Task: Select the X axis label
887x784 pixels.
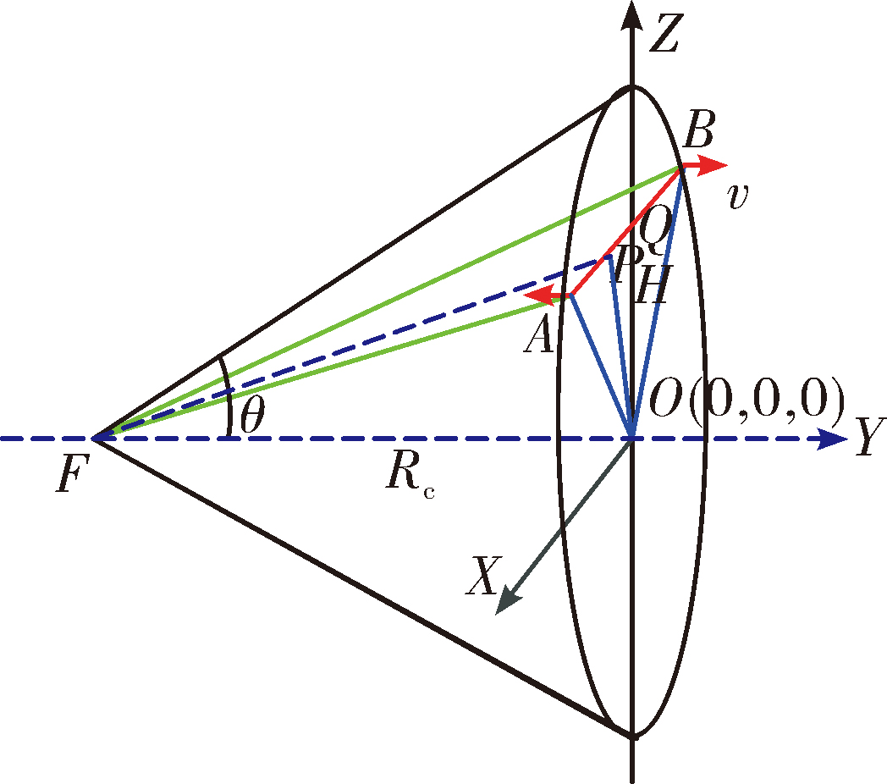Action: pos(483,576)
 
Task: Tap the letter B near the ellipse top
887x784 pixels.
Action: pos(698,130)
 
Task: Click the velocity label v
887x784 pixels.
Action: pos(738,196)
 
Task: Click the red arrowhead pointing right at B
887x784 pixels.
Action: pos(712,164)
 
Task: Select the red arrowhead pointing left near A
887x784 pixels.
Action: pos(538,295)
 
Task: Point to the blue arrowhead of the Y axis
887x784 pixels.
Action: pos(834,439)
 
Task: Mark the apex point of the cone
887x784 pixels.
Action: pos(94,439)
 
